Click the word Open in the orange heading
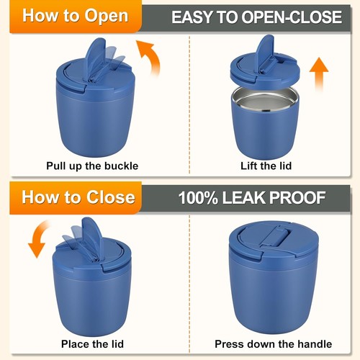coord(107,16)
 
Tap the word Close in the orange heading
coord(111,197)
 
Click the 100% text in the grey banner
coord(198,198)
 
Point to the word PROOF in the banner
coord(297,198)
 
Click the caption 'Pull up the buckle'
coord(92,166)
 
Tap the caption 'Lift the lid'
coord(266,166)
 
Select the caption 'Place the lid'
coord(92,343)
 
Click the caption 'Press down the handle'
coord(274,343)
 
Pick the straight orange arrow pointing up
coord(319,74)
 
